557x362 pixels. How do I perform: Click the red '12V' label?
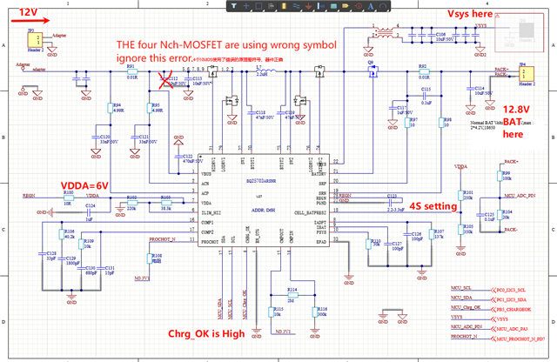coord(29,12)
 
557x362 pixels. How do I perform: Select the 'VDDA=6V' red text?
coord(84,185)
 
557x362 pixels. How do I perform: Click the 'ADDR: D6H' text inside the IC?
coord(259,211)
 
